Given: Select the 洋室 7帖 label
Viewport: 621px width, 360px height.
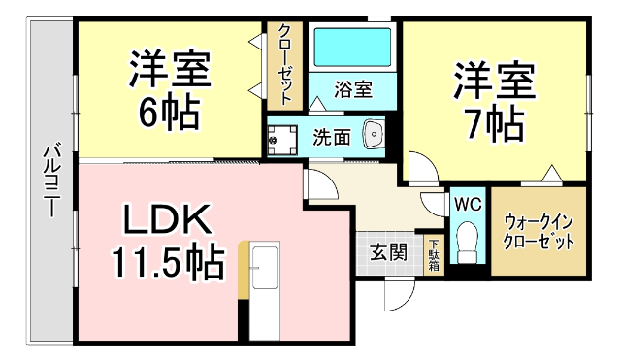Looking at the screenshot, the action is coord(494,101).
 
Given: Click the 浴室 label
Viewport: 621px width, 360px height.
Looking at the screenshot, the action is coord(353,89).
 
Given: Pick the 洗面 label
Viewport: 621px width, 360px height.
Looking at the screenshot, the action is coord(331,136).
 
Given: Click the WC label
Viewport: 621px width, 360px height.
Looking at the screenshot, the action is coord(467,205).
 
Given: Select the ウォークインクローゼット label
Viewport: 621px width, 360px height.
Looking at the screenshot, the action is coord(538,231).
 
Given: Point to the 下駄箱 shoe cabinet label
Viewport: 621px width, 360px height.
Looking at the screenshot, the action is coord(434,254).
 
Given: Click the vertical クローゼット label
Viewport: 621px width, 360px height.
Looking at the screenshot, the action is coord(286,64).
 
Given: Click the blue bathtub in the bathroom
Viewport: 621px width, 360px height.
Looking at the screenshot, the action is coord(352,46).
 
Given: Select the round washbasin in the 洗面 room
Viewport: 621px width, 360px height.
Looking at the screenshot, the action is coord(374,135).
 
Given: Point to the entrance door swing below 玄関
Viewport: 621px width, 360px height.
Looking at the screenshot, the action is coord(397,291).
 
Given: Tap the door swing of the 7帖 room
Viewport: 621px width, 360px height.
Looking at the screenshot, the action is coord(420,169).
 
